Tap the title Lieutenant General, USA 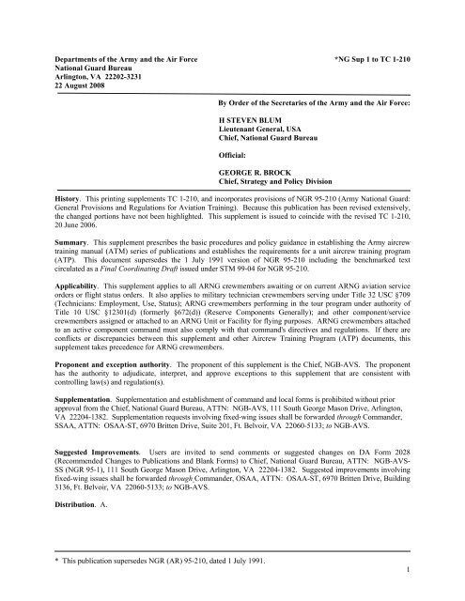click(266, 131)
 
